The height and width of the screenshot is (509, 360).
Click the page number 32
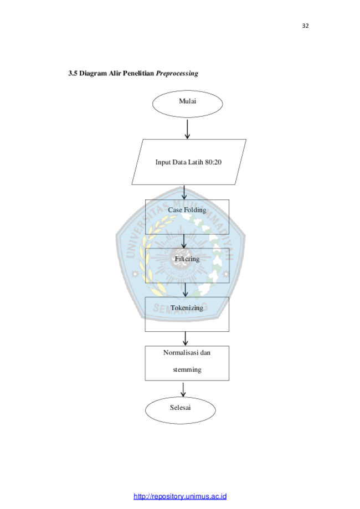coord(305,25)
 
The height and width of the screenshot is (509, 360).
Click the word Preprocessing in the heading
coord(177,73)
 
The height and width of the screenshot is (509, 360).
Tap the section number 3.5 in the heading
coord(73,73)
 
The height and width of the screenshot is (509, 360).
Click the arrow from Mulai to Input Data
coord(187,129)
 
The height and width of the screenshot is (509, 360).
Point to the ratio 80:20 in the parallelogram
coord(213,162)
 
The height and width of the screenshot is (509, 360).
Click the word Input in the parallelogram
coord(163,162)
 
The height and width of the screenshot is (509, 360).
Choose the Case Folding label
coord(187,210)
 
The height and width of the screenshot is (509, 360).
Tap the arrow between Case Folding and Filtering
coord(184,241)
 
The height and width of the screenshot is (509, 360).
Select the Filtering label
coord(187,259)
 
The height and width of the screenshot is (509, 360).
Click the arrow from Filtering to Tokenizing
coord(186,290)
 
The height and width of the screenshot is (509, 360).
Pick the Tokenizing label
coord(187,308)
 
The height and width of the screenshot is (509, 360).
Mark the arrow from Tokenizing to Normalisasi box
coord(186,338)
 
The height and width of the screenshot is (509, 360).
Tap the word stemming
coord(187,370)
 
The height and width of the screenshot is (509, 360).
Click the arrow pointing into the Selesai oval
coord(183,389)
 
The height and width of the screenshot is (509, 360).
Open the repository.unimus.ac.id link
coord(180,496)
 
